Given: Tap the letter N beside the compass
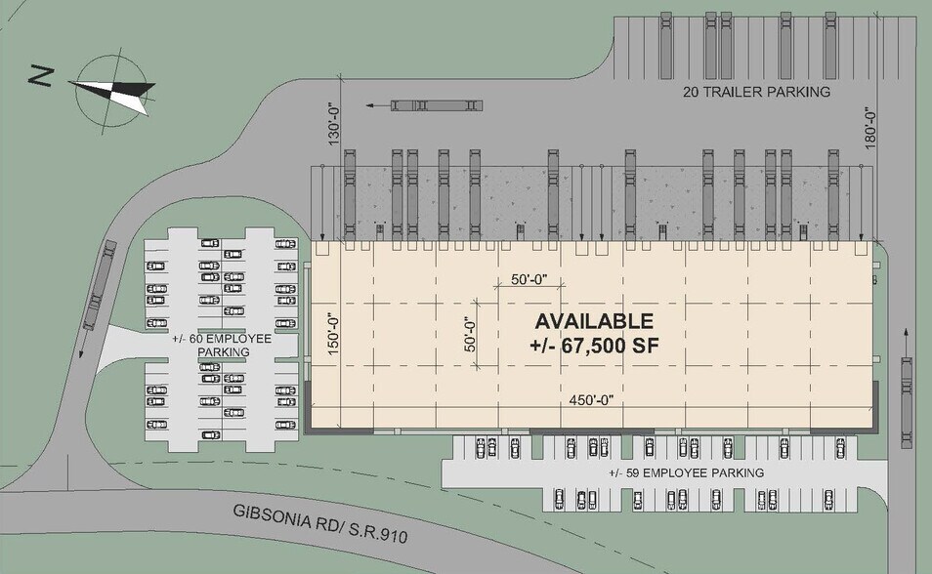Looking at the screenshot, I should [39, 75].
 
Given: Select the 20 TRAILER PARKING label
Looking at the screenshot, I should [755, 92].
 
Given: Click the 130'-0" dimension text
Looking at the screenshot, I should [333, 120].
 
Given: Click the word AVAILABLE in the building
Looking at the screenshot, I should [593, 321].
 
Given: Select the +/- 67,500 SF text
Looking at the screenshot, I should [593, 347].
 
